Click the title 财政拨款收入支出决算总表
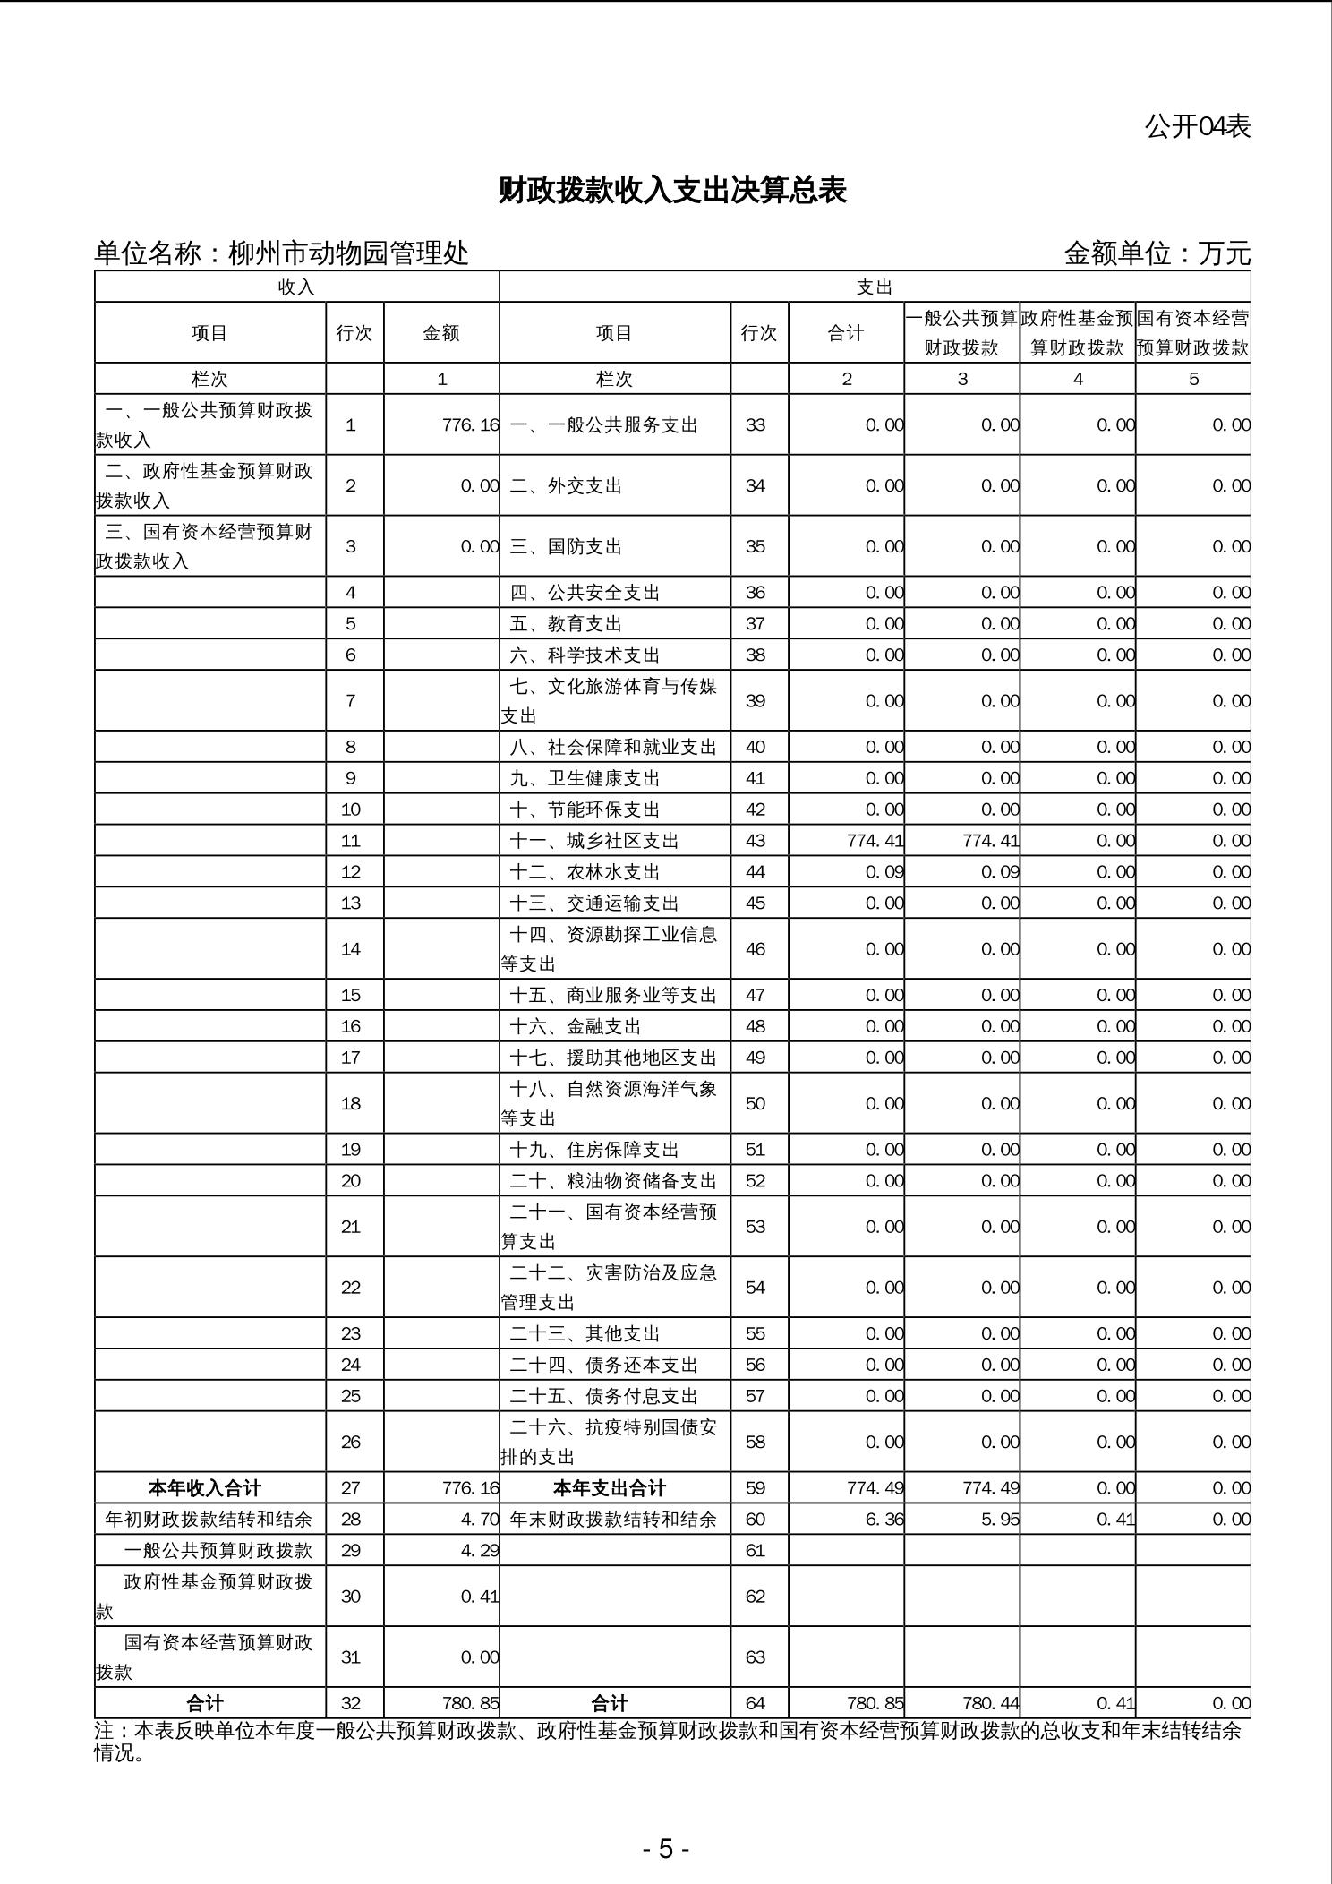[x=671, y=191]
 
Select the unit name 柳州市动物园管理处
[x=348, y=253]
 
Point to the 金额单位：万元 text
[x=1157, y=253]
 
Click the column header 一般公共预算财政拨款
[x=961, y=333]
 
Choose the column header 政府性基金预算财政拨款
[x=1077, y=333]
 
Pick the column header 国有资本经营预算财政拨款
[x=1192, y=333]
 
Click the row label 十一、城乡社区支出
[x=594, y=841]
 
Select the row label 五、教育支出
[x=566, y=624]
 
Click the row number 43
[x=756, y=841]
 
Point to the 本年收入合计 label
[x=205, y=1488]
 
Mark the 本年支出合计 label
[x=610, y=1488]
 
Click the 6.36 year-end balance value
[x=884, y=1520]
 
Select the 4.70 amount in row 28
[x=480, y=1520]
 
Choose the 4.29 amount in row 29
[x=480, y=1551]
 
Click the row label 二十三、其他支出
[x=585, y=1334]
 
